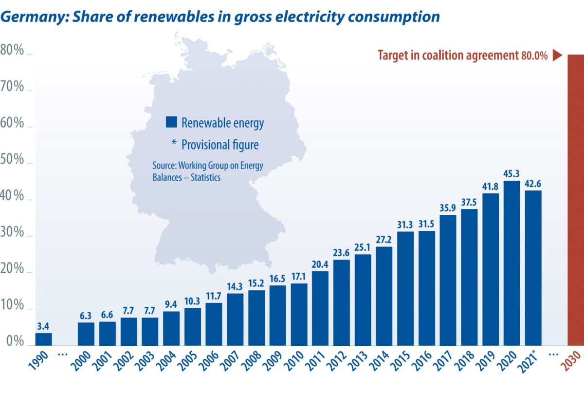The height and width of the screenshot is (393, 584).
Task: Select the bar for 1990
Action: [x=44, y=338]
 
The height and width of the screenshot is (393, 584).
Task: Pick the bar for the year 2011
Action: [x=320, y=307]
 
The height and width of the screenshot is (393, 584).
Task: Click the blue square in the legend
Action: [x=171, y=122]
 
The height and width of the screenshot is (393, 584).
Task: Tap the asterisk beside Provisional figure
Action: [x=173, y=144]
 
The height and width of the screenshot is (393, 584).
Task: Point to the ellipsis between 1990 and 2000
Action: [x=63, y=355]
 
